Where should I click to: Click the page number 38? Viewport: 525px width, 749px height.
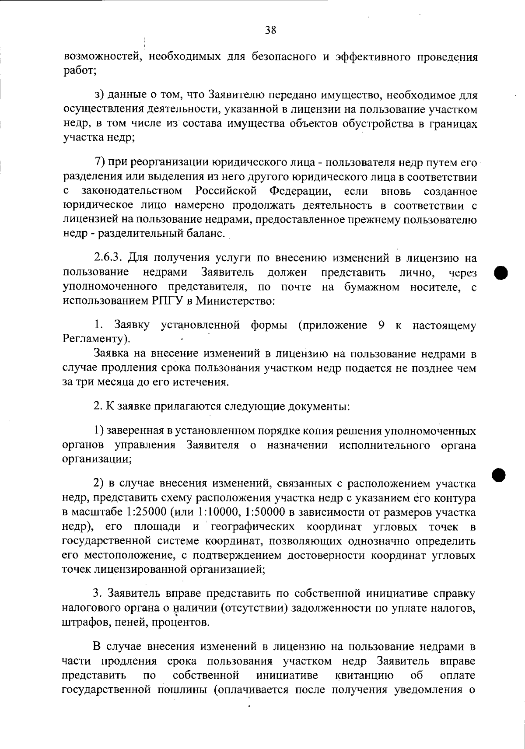click(x=270, y=30)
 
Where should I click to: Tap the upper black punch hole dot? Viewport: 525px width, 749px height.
click(x=500, y=272)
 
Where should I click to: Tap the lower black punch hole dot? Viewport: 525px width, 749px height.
click(x=498, y=474)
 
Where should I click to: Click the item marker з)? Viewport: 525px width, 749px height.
click(x=99, y=95)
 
